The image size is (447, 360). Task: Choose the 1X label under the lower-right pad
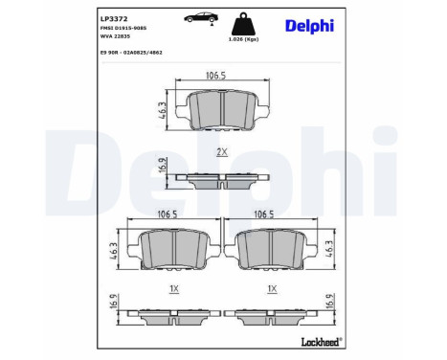click(x=273, y=288)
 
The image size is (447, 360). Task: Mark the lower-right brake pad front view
click(x=274, y=251)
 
